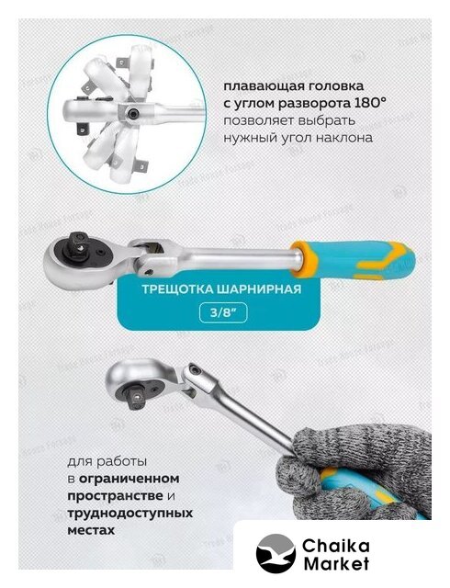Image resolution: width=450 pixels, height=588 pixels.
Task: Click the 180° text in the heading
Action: (x=368, y=103)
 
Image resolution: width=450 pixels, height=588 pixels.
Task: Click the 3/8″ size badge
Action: (x=223, y=312)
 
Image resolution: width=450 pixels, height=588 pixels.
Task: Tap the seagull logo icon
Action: (x=276, y=553)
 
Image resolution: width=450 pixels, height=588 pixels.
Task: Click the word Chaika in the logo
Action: (x=335, y=546)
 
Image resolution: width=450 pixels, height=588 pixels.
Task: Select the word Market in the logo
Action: (x=336, y=563)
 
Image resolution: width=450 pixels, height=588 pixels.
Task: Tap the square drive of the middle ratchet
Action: (x=78, y=245)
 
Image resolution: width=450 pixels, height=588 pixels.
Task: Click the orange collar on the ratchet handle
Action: (x=304, y=259)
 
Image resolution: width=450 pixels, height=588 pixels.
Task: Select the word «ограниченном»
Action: (x=129, y=479)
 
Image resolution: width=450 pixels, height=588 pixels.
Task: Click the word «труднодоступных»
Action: (x=130, y=513)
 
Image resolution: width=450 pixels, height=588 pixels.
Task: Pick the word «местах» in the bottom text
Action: (x=91, y=531)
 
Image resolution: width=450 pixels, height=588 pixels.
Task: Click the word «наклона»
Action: (x=344, y=139)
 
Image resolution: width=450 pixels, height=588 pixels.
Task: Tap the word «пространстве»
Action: (x=115, y=496)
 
